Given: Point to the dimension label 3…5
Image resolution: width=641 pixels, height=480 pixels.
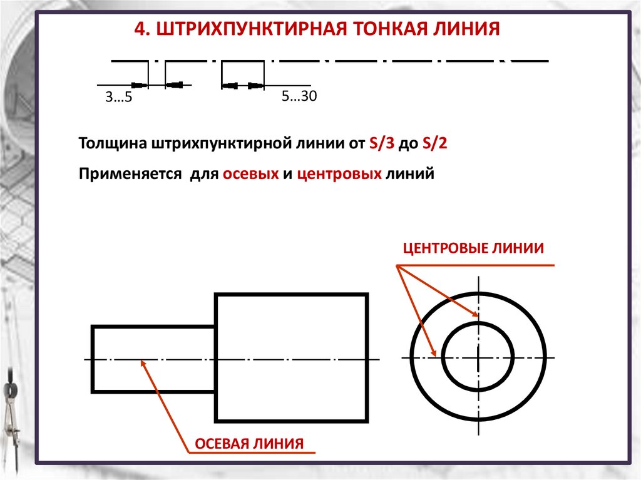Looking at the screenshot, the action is (x=119, y=98).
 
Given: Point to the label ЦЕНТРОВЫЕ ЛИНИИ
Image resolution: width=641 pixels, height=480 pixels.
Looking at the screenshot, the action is (x=473, y=248).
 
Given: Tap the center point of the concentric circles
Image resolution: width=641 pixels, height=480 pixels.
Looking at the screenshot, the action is (x=478, y=358).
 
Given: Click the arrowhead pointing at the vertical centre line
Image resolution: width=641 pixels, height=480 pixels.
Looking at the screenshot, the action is (x=474, y=315).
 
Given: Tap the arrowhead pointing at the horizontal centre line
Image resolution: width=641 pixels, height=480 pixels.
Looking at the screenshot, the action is (x=434, y=354).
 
